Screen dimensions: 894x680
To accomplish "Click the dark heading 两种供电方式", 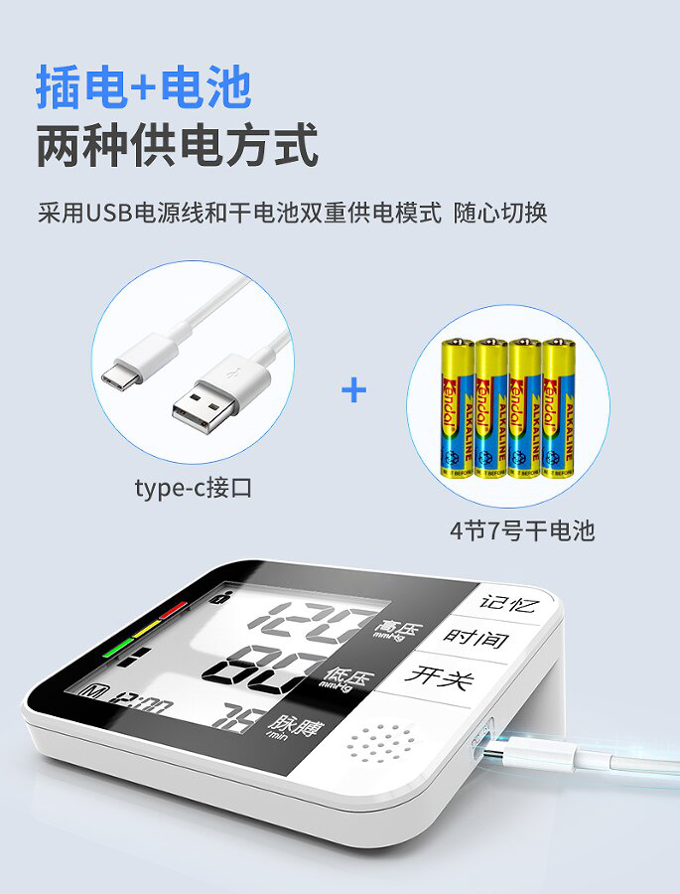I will [x=178, y=144].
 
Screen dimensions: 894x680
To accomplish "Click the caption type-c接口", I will [x=194, y=488].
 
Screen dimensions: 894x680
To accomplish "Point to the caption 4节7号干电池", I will [x=522, y=530].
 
